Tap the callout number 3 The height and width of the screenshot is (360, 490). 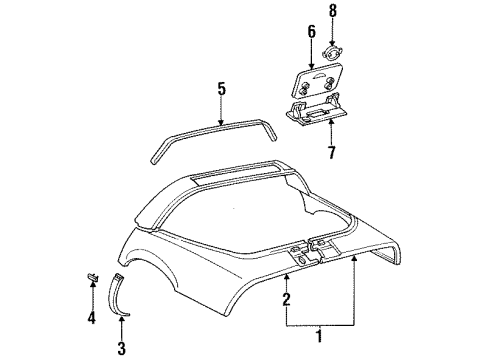(x=122, y=348)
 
